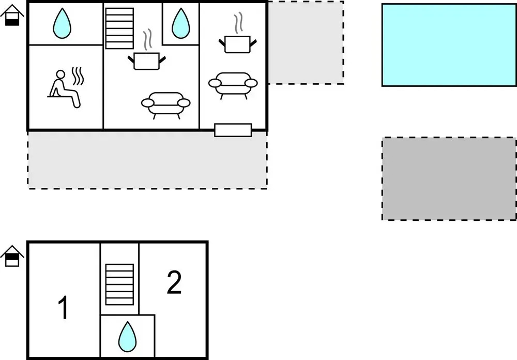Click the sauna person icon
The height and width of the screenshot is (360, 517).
click(x=63, y=88)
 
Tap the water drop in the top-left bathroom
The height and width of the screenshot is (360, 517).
click(x=62, y=23)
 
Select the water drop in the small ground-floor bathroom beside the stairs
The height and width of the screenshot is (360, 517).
click(x=180, y=23)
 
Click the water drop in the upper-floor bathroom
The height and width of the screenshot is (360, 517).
click(x=127, y=337)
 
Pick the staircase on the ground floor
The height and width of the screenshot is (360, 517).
click(x=119, y=28)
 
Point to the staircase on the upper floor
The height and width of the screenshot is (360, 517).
click(x=119, y=284)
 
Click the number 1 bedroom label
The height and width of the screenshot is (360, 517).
click(x=63, y=308)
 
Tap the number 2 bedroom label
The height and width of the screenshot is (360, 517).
click(x=174, y=282)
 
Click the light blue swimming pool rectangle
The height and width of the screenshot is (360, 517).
click(x=449, y=45)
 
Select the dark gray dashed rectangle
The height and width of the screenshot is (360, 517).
click(x=449, y=179)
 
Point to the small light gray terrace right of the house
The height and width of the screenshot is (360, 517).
click(x=306, y=42)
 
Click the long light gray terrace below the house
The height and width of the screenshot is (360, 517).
click(x=147, y=160)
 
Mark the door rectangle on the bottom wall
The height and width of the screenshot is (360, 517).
click(x=233, y=130)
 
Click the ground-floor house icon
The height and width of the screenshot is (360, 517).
click(x=12, y=15)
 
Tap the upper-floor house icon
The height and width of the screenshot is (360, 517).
click(x=12, y=256)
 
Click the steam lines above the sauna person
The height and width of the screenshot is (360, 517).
click(x=78, y=76)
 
